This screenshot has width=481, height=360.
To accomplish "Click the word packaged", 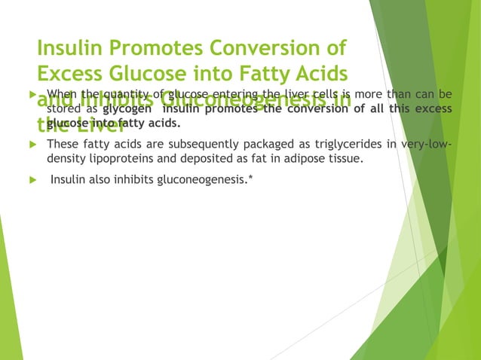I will [x=255, y=145].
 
